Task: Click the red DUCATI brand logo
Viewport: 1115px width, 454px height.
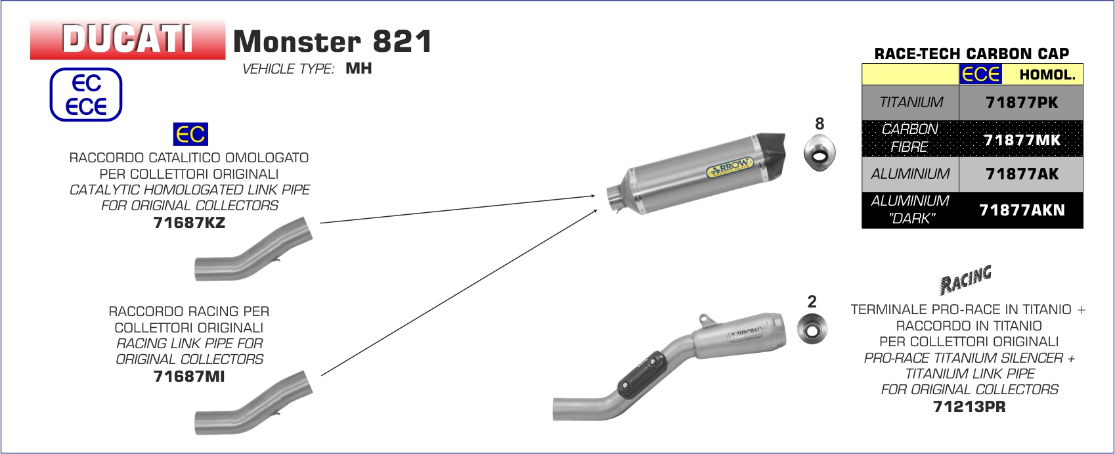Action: click(127, 39)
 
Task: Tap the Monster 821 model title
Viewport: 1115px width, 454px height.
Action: click(332, 41)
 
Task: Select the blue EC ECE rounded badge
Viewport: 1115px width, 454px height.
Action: click(85, 95)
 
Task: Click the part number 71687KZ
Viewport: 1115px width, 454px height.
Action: click(189, 223)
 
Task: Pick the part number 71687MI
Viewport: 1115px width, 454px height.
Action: click(189, 376)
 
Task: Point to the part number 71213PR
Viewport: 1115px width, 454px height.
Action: click(969, 407)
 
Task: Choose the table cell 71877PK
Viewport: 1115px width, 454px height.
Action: click(1021, 102)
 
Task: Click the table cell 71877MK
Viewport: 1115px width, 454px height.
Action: click(1021, 139)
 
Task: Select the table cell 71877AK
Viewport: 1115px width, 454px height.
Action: click(1021, 174)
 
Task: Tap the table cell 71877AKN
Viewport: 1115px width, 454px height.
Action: click(1021, 210)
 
